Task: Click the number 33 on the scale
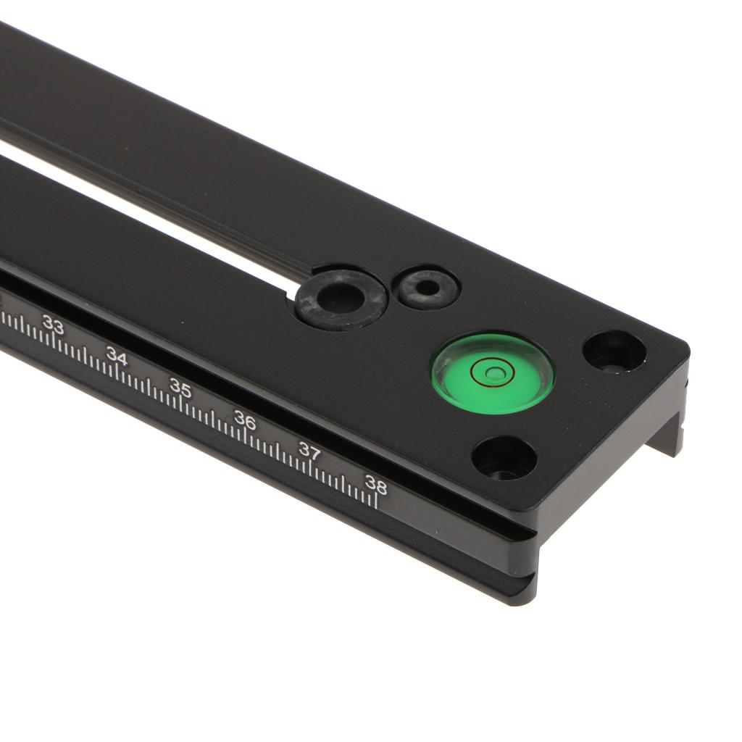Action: (x=53, y=325)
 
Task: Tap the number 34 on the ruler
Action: (x=117, y=356)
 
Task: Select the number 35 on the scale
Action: (x=180, y=388)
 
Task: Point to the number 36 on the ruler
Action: (x=245, y=420)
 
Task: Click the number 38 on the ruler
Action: (x=376, y=485)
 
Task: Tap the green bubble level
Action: (x=492, y=372)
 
